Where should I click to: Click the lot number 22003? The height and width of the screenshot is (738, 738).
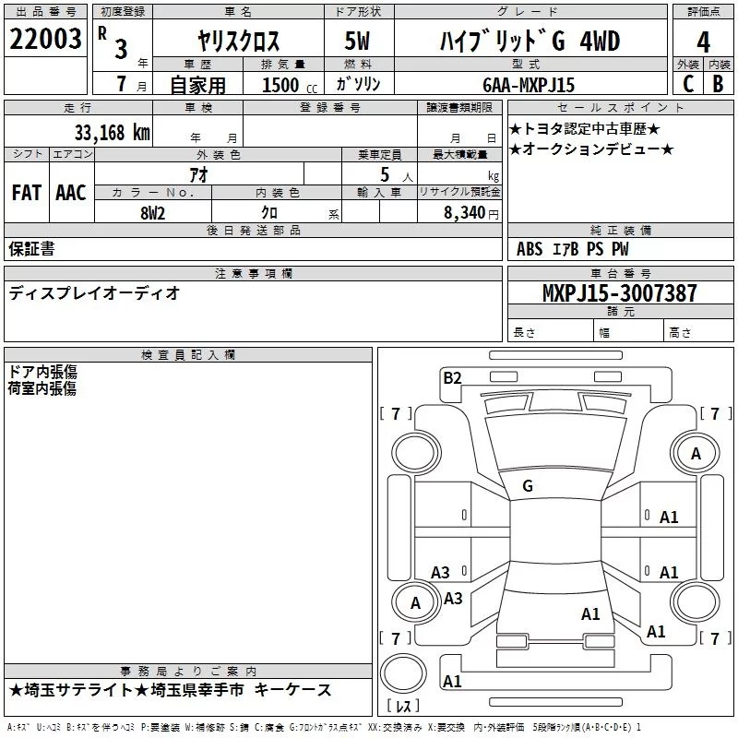[x=46, y=41]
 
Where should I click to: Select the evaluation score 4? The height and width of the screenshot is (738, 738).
[x=704, y=42]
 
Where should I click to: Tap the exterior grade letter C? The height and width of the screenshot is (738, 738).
[x=687, y=84]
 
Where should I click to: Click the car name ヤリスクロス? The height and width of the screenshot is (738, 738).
[x=239, y=42]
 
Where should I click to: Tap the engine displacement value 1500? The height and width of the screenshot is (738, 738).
[x=280, y=86]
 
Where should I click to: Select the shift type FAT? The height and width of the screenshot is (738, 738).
[x=26, y=193]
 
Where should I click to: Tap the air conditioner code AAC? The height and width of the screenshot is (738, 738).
[x=70, y=193]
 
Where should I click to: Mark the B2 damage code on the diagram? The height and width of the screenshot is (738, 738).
[x=452, y=376]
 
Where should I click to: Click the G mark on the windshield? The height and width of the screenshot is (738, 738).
[x=527, y=485]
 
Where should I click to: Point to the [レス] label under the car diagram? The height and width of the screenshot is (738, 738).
[x=402, y=707]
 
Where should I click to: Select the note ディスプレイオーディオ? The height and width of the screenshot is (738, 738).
[x=94, y=293]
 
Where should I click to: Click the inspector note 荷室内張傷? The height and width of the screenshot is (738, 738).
[x=42, y=388]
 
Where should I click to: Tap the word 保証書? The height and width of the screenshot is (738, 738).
[x=31, y=248]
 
